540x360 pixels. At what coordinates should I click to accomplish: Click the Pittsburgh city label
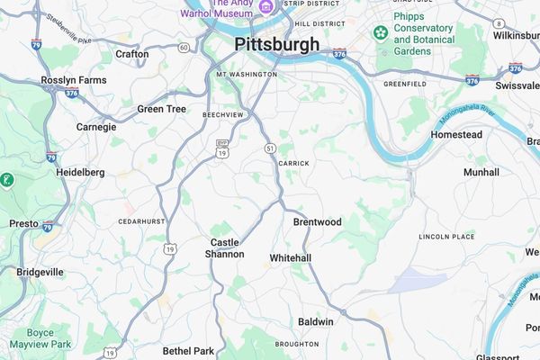(x=276, y=44)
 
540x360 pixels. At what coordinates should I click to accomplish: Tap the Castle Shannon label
(x=227, y=248)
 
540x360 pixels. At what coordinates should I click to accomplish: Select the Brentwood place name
(x=317, y=221)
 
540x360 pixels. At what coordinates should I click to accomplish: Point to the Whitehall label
(x=290, y=258)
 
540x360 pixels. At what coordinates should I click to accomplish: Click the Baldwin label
(x=315, y=321)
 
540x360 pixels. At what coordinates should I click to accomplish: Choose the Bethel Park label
(x=188, y=350)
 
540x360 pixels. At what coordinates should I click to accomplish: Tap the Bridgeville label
(x=40, y=271)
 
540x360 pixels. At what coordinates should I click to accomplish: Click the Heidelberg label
(x=80, y=172)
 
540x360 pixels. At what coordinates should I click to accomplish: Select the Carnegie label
(x=96, y=127)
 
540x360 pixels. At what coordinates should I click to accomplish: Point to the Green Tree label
(x=161, y=109)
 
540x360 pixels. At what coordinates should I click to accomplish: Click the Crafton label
(x=131, y=54)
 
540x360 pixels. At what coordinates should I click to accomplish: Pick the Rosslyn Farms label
(x=73, y=80)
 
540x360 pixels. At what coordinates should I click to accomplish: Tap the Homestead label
(x=456, y=135)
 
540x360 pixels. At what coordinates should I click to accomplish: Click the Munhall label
(x=481, y=172)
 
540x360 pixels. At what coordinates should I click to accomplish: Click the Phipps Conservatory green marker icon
(x=381, y=33)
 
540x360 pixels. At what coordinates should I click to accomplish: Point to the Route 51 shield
(x=270, y=148)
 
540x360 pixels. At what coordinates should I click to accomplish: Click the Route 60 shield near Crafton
(x=184, y=47)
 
